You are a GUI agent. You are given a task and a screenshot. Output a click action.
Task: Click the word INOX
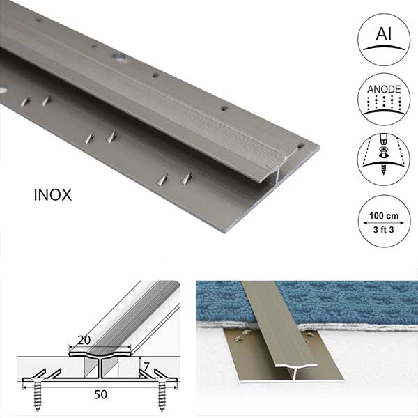(x=53, y=195)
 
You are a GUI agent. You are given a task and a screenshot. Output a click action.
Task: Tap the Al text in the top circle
(x=384, y=33)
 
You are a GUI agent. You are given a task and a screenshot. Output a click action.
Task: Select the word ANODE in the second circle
(x=384, y=89)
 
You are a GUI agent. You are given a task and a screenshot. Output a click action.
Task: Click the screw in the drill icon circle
(x=383, y=162)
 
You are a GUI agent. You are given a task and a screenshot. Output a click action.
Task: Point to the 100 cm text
(x=384, y=216)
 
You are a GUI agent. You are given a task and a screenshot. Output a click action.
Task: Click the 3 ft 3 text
(x=383, y=229)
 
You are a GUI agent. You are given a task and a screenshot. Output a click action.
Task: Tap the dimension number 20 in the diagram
(x=84, y=340)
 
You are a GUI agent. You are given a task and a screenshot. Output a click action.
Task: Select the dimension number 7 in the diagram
(x=146, y=367)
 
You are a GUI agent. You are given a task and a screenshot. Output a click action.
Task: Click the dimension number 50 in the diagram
(x=100, y=394)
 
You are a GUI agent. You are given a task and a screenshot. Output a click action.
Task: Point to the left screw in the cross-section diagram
(x=38, y=394)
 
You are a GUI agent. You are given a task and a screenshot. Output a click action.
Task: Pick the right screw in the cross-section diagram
(x=162, y=394)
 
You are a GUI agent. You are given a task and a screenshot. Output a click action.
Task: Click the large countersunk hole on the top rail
(x=119, y=57)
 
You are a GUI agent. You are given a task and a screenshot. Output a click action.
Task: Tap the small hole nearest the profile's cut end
(x=301, y=146)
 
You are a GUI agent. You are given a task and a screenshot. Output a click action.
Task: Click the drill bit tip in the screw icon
(x=383, y=141)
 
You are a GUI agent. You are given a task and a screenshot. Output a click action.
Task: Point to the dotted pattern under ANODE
(x=384, y=102)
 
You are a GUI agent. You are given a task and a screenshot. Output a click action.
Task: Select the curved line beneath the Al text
(x=384, y=47)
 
